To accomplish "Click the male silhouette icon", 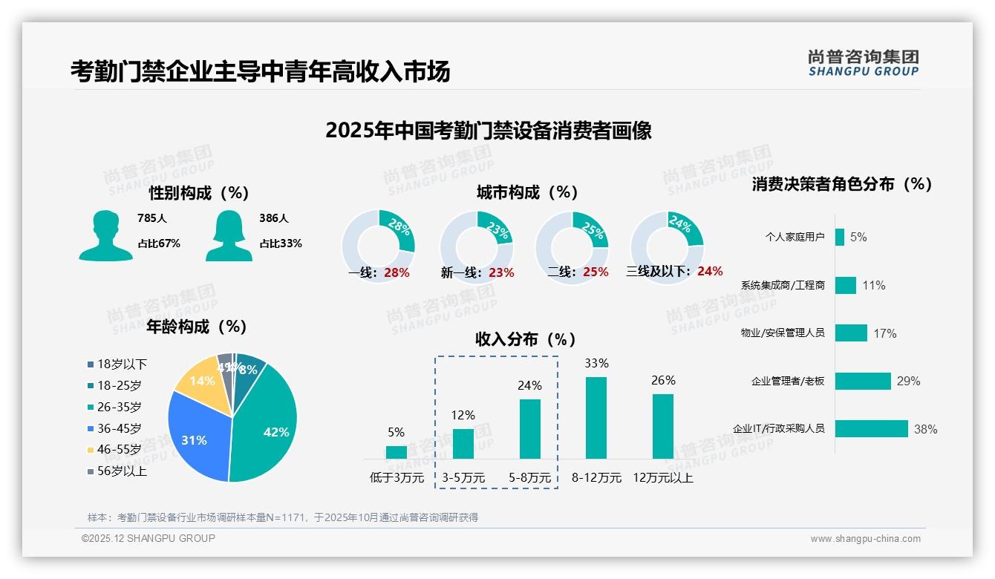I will click(x=105, y=235).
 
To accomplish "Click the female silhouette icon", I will click(x=229, y=235).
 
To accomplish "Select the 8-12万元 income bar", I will click(x=596, y=417).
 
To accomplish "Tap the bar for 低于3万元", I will click(x=397, y=452).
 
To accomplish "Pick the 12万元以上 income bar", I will click(x=663, y=426).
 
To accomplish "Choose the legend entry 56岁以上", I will click(x=117, y=471).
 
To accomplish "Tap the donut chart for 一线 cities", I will click(x=378, y=246).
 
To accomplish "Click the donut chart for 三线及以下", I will click(x=667, y=246).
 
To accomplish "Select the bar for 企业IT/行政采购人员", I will click(x=872, y=429).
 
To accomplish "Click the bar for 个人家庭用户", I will click(x=840, y=237).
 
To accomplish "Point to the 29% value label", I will click(x=908, y=382).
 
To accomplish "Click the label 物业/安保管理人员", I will click(x=782, y=333).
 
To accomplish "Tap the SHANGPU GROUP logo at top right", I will click(x=863, y=63).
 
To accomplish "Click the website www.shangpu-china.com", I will click(x=865, y=539).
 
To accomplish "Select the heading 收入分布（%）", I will click(x=526, y=339).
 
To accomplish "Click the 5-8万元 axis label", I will click(x=530, y=478).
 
